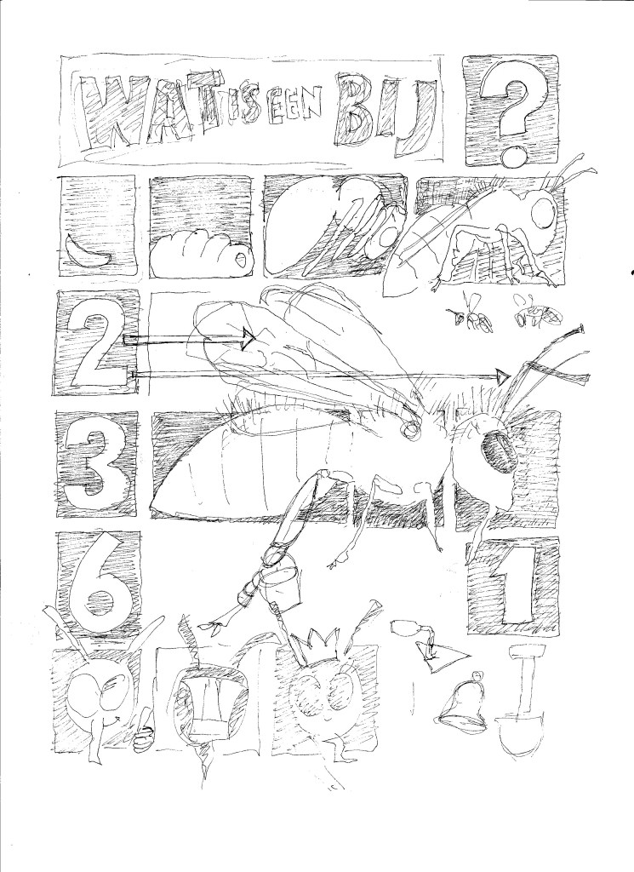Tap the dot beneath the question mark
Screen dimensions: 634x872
tap(511, 158)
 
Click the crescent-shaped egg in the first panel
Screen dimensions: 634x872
tap(88, 252)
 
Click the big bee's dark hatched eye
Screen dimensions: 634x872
tap(495, 451)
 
